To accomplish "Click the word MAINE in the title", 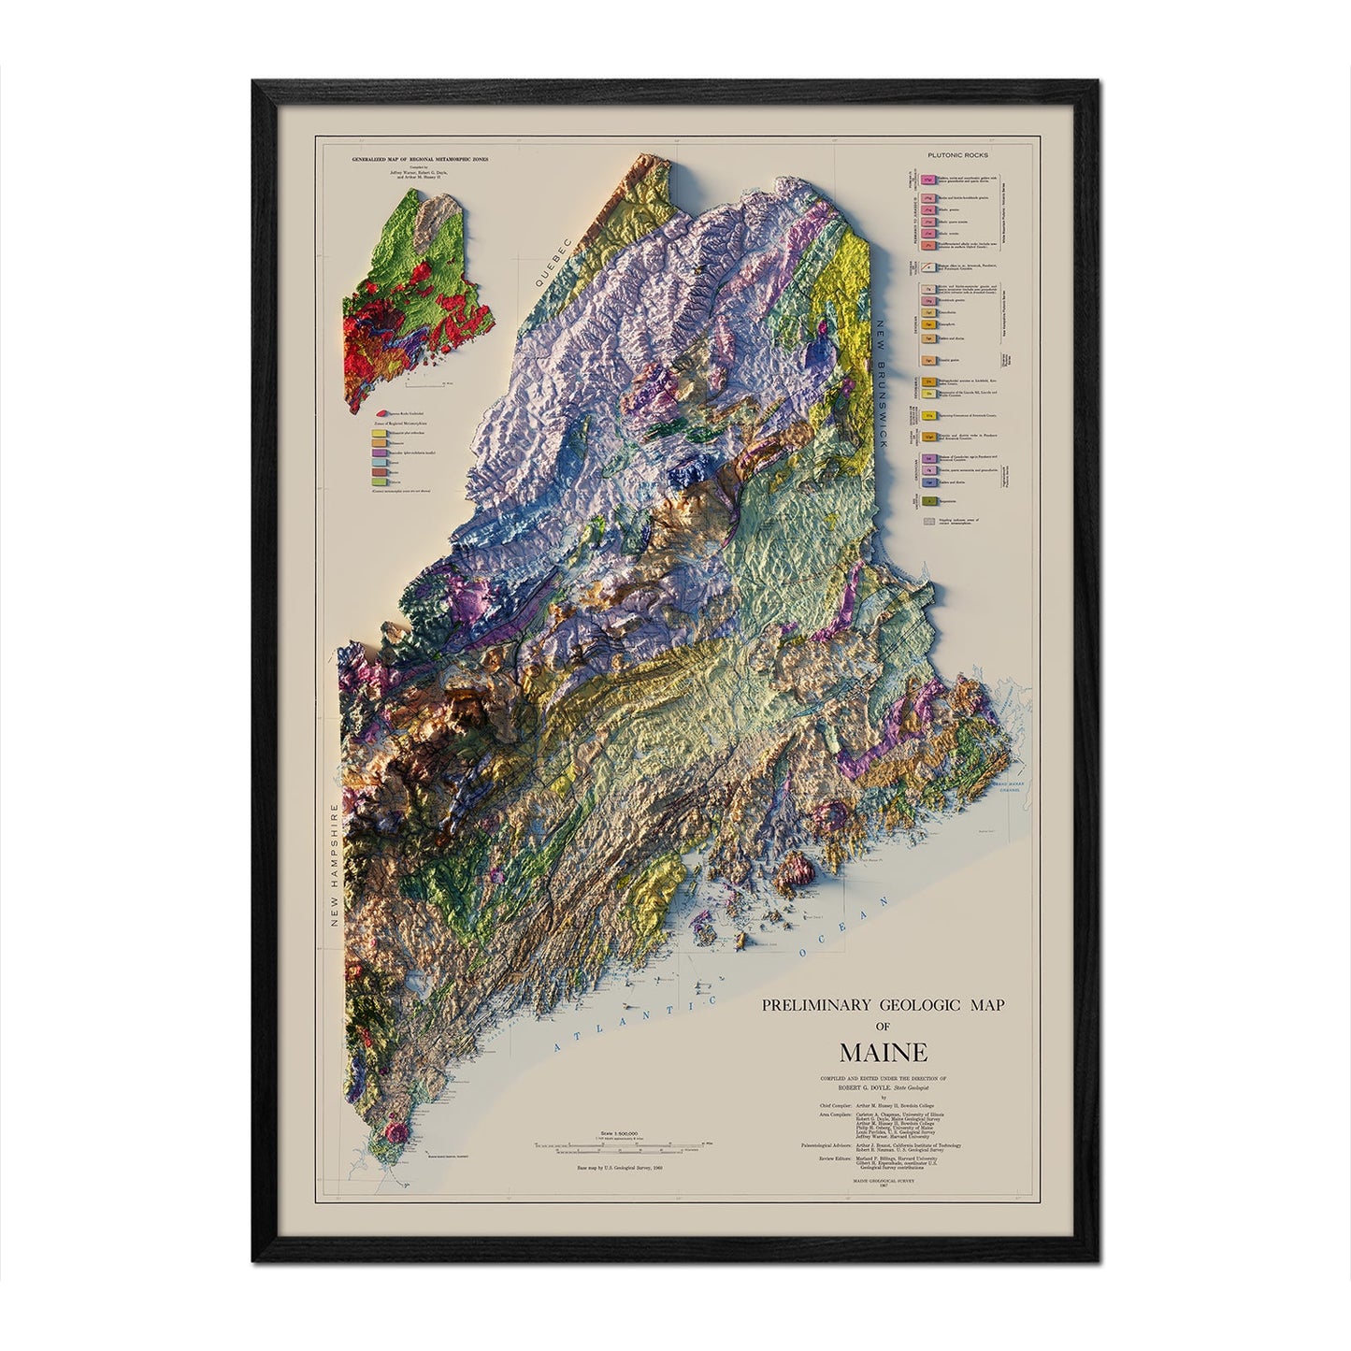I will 883,1051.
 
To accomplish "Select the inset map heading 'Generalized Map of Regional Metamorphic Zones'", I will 406,160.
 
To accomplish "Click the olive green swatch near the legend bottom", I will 929,502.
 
